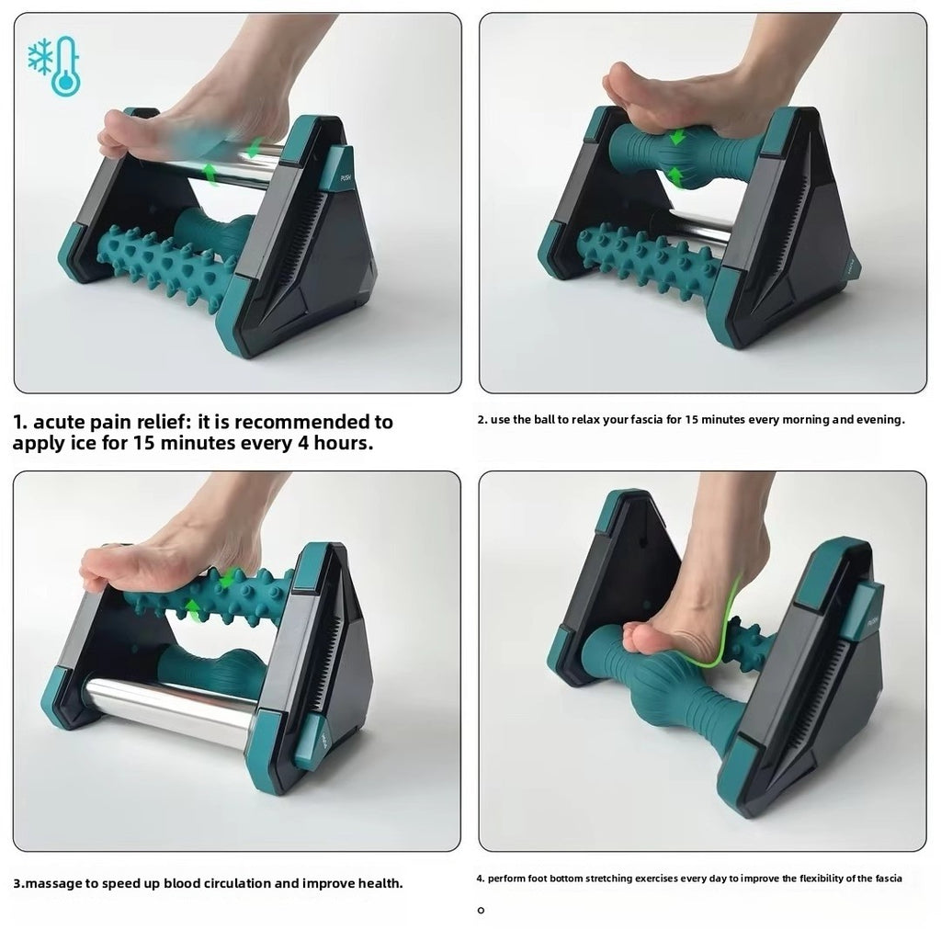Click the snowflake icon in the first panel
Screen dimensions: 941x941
41,58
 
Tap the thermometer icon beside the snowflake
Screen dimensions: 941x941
66,66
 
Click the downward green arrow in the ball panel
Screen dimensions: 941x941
677,138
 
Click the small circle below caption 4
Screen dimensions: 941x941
481,911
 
